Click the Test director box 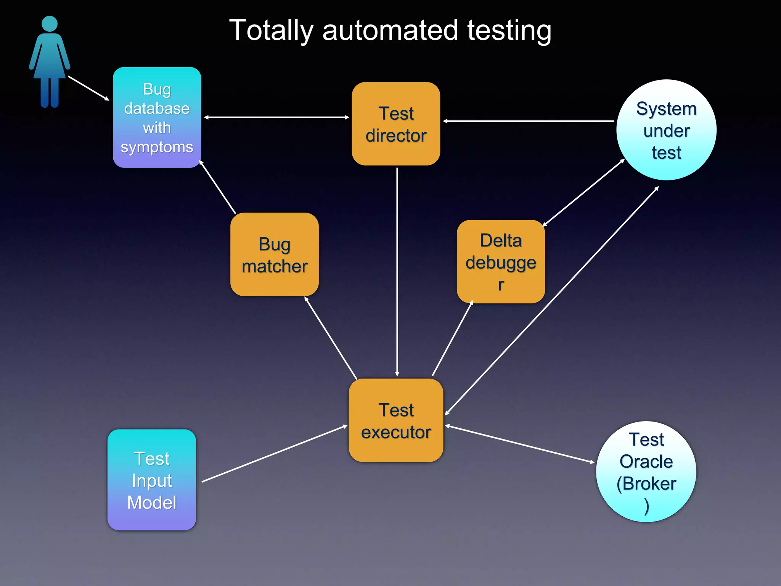point(396,124)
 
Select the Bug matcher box point(274,254)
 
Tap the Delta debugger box point(501,262)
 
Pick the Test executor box point(396,420)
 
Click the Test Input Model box point(152,480)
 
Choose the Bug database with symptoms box point(157,118)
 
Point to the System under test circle point(666,130)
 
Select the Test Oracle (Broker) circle point(646,472)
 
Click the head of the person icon point(50,24)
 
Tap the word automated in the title point(390,31)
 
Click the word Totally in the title point(271,31)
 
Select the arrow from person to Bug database point(88,88)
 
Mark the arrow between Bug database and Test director point(276,118)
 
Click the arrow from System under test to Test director point(528,121)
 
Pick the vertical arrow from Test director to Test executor point(397,271)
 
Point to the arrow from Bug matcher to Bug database point(218,187)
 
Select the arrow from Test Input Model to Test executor point(275,454)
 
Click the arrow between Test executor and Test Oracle point(519,444)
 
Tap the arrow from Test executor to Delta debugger point(453,338)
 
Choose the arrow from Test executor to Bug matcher point(331,338)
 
